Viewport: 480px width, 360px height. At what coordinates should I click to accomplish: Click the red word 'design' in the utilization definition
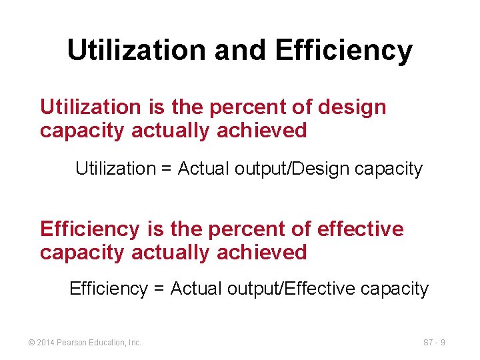pos(352,107)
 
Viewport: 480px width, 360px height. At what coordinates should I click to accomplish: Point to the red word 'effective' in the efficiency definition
pos(361,229)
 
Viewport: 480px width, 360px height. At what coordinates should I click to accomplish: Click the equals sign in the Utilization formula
pos(166,169)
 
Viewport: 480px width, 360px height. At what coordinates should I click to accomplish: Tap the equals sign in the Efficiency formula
pos(159,289)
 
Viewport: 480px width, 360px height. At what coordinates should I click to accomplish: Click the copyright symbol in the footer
pos(32,343)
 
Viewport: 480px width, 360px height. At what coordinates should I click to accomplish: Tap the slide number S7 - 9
pos(434,343)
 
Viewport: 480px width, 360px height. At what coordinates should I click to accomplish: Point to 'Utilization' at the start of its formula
pos(115,169)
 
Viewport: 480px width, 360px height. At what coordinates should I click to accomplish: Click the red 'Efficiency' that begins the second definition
pos(89,229)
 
